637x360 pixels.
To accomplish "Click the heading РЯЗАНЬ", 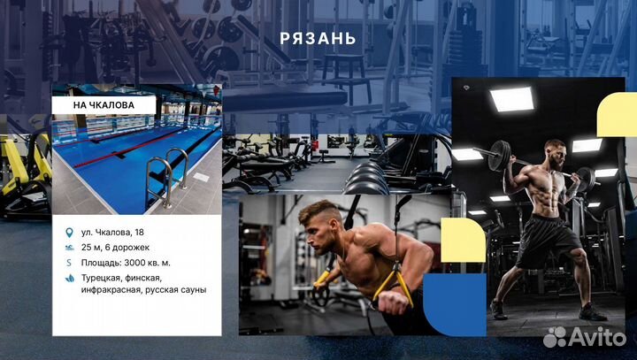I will coord(318,38).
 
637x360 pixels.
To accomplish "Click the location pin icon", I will coord(70,232).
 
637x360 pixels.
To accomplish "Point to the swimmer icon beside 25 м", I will coord(70,247).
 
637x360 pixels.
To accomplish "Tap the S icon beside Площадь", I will coord(70,263).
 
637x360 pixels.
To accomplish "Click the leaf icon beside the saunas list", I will coord(70,278).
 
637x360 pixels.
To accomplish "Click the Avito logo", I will coord(583,336).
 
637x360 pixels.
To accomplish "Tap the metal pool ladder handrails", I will coord(168,172).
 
